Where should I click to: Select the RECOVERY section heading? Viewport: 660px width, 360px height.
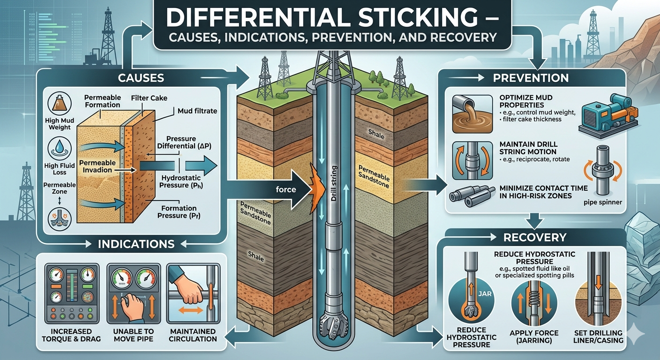[535, 237]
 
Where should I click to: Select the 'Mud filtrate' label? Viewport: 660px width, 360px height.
[197, 111]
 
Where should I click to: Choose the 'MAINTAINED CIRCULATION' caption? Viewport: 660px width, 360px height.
[193, 335]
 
